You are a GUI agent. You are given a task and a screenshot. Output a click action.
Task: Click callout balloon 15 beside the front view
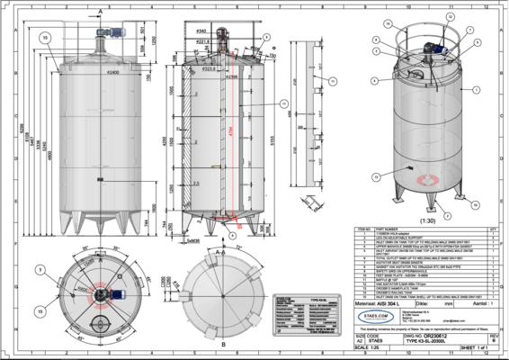pyautogui.click(x=43, y=37)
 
